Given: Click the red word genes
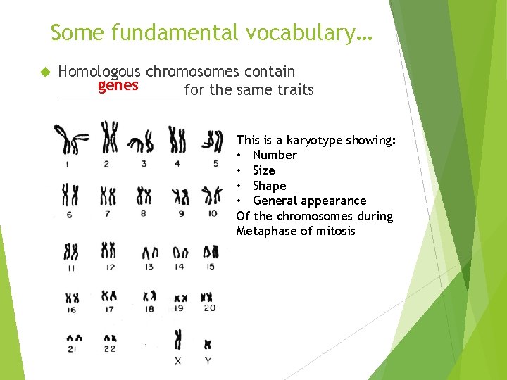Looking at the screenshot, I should (x=118, y=86).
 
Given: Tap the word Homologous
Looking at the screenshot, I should (x=100, y=71).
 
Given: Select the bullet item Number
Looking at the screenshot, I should (x=275, y=155).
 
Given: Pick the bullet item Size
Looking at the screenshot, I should (x=263, y=170).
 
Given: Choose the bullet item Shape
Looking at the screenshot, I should (x=269, y=186).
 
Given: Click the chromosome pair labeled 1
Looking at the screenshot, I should (x=71, y=141).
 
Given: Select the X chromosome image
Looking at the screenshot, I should (x=178, y=339).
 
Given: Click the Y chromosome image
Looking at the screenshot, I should (x=207, y=344).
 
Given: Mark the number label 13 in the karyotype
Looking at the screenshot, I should (x=149, y=267).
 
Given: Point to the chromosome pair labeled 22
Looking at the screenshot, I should (x=108, y=338).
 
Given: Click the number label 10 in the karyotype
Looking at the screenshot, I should (x=212, y=213).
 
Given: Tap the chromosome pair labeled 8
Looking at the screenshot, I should (x=144, y=195).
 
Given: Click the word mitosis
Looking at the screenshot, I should (x=336, y=231).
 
